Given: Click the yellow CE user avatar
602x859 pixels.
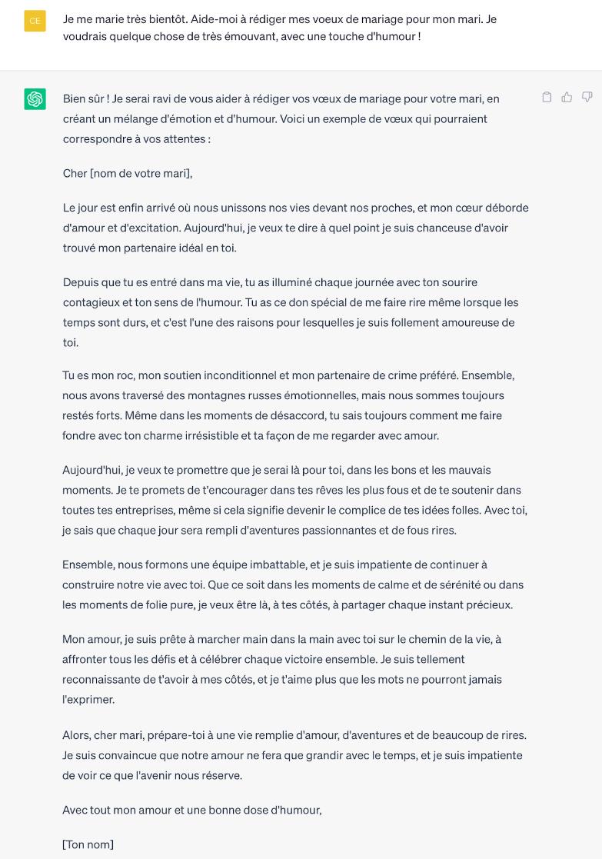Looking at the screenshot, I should (35, 21).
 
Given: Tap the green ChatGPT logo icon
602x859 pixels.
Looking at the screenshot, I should (35, 99).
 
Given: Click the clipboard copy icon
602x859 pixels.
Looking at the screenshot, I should (547, 97).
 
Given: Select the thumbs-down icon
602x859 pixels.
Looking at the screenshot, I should (587, 97).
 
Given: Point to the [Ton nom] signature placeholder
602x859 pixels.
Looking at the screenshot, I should (88, 844).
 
